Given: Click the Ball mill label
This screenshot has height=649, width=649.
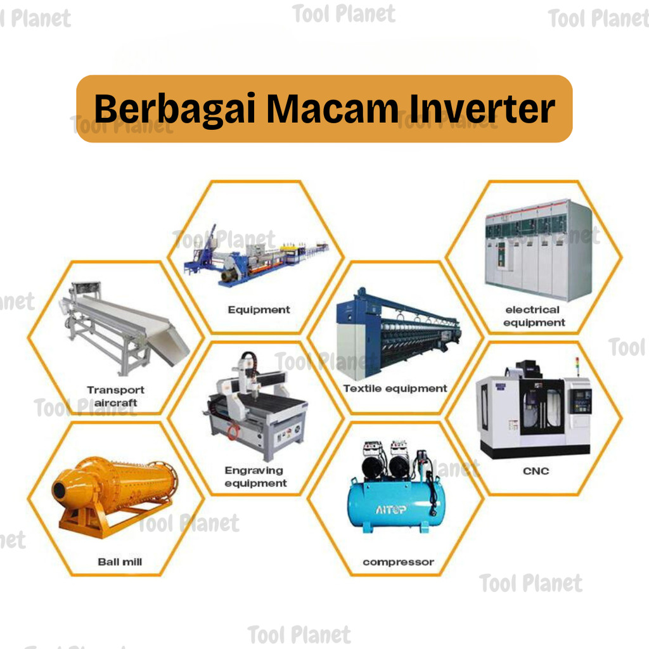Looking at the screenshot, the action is pos(120,562).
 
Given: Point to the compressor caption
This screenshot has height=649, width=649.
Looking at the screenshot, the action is pos(398,562).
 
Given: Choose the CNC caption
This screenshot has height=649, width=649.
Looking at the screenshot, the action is pos(536,471).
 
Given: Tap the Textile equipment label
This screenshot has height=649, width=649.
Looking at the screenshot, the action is pos(395,389).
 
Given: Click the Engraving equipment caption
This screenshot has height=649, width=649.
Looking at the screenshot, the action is pos(255,477).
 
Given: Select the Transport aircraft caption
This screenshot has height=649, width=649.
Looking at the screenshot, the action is pos(115,396).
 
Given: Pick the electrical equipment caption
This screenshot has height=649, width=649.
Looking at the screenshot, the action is pos(534,316).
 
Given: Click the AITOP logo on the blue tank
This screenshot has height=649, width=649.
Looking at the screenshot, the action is pos(390,509).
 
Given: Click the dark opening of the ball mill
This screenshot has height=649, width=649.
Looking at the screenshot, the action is pos(59,491).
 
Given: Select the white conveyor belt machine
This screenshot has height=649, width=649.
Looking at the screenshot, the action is pos(124,327).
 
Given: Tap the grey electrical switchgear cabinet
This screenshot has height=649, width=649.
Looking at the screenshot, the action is pos(539,250).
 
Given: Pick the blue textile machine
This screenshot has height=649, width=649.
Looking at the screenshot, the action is pos(398,333).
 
